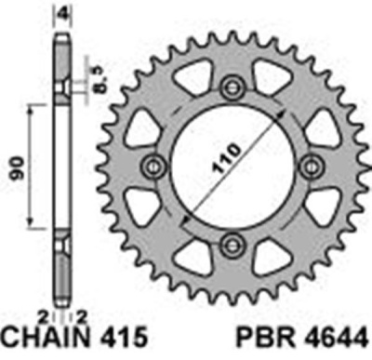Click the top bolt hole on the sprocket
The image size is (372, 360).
point(230,86)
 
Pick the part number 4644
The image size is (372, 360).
point(332,343)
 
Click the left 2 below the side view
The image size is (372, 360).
point(43,321)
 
